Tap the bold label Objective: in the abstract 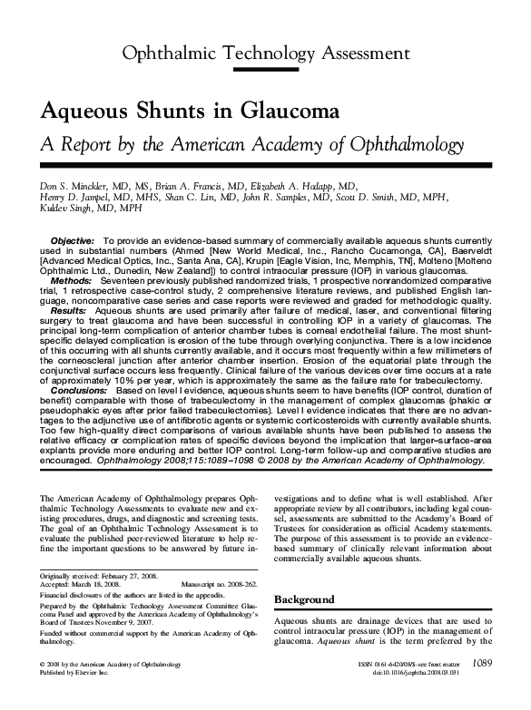[x=77, y=239]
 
